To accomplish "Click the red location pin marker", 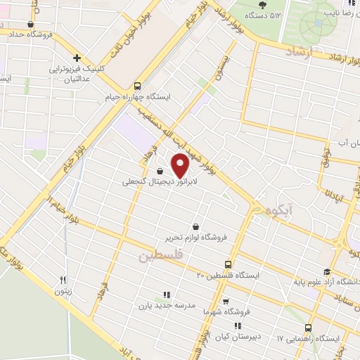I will click(181, 165).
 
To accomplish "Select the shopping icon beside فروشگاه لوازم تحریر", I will click(195, 226).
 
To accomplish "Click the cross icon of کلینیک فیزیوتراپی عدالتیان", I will click(77, 58).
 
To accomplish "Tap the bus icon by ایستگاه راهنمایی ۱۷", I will click(307, 328).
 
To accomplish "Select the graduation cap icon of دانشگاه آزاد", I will click(326, 272).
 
